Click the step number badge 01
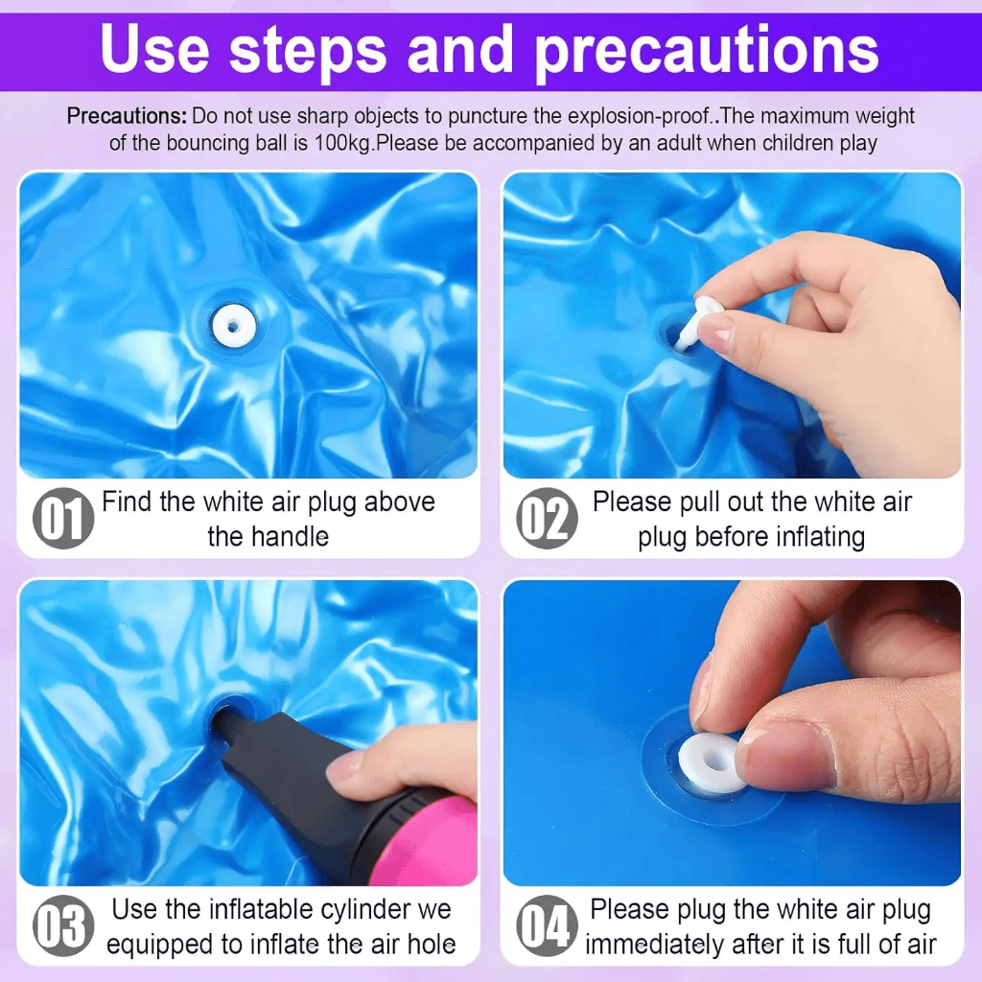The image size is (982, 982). tap(63, 518)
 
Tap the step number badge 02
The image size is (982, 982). tap(547, 518)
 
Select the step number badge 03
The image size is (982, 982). tap(63, 925)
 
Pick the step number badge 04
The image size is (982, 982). tap(547, 925)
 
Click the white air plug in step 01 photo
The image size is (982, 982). tap(234, 326)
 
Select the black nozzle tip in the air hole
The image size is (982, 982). tap(226, 722)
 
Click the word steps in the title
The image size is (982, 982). tap(308, 50)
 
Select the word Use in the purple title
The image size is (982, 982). tap(154, 49)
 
